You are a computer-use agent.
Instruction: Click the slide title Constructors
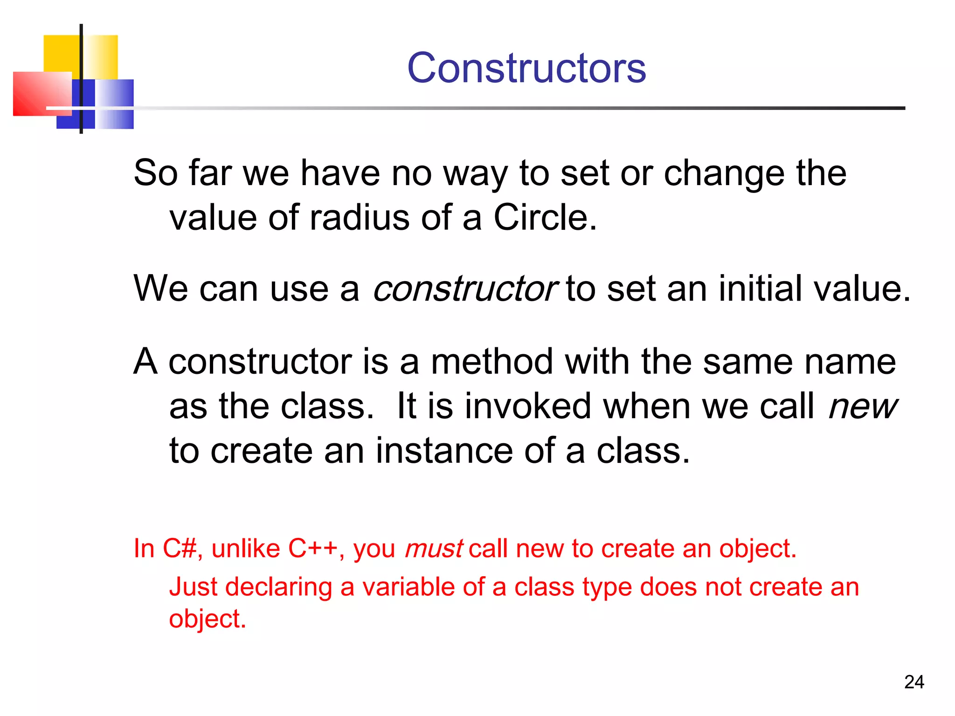click(x=526, y=69)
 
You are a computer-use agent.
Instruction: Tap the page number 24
click(x=914, y=682)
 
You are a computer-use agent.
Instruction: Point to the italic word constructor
click(x=464, y=289)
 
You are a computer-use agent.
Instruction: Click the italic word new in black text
click(x=862, y=406)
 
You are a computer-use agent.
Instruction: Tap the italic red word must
click(x=434, y=549)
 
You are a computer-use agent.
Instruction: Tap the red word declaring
click(x=278, y=587)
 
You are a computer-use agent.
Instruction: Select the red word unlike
click(x=246, y=549)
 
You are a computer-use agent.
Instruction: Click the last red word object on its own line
click(x=207, y=620)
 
